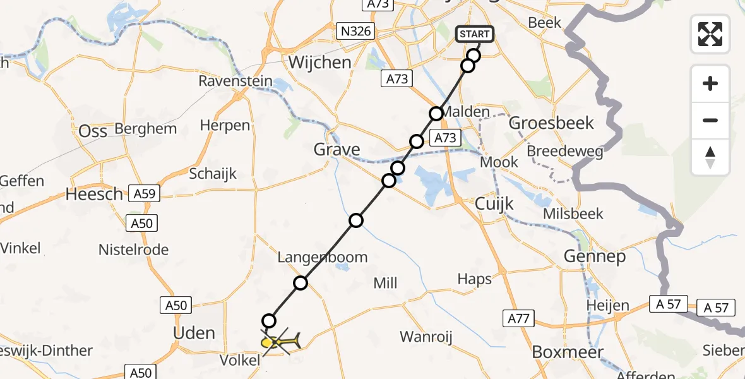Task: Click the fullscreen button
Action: [710, 34]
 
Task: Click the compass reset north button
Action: [710, 157]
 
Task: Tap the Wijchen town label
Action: [319, 62]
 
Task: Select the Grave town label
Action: [338, 150]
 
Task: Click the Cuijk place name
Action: [494, 203]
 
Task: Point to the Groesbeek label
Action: [551, 123]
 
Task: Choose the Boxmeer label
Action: [568, 352]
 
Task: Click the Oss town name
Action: [92, 131]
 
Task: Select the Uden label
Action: [193, 333]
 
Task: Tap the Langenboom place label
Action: [323, 258]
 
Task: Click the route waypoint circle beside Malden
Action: [436, 114]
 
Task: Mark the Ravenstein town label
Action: [235, 81]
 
